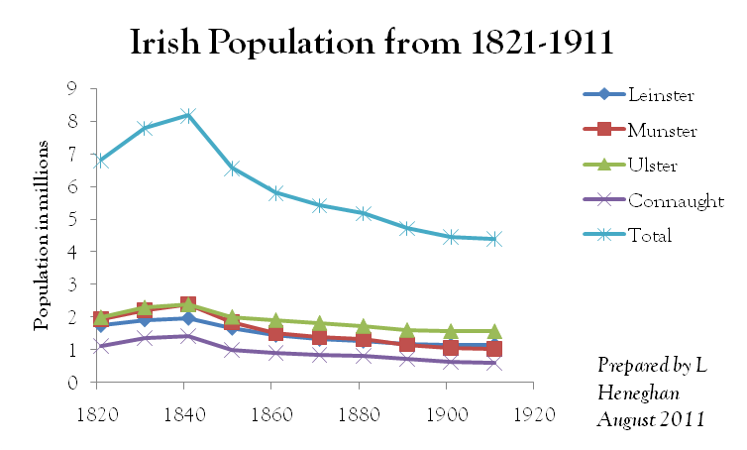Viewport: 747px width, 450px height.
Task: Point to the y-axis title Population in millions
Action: click(x=42, y=235)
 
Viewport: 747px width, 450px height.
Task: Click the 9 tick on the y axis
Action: click(x=70, y=89)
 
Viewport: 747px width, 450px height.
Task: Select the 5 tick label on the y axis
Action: click(x=70, y=219)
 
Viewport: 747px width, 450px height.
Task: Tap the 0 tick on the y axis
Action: click(x=70, y=383)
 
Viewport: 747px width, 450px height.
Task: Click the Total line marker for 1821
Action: click(x=101, y=161)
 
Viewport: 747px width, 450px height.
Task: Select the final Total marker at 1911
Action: click(x=493, y=239)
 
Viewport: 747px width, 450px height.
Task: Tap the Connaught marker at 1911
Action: click(x=493, y=363)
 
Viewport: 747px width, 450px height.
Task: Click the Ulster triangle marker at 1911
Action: click(x=493, y=331)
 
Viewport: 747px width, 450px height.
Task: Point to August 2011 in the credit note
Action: click(x=650, y=419)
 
